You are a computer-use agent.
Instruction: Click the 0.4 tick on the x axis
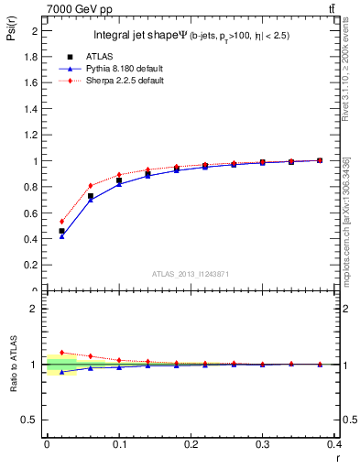coord(335,444)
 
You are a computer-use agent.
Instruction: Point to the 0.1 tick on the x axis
coord(119,444)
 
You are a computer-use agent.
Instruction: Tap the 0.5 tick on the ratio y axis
coord(30,420)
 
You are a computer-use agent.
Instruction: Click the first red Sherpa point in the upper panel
coord(61,221)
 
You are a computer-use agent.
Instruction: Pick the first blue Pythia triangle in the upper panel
coord(61,236)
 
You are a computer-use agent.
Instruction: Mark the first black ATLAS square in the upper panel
coord(61,231)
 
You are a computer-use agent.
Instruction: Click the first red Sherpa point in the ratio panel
coord(61,352)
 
